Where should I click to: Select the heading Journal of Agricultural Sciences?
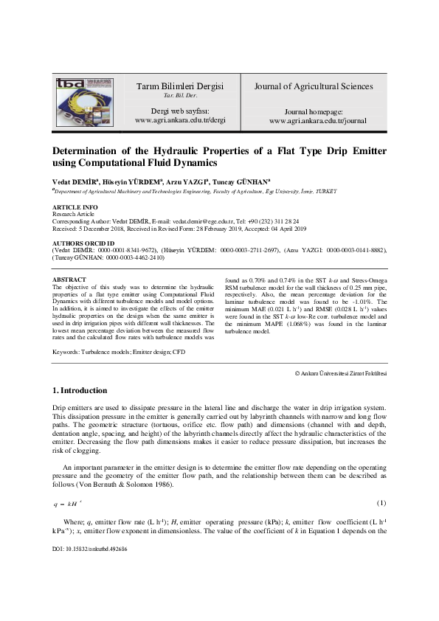[x=314, y=86]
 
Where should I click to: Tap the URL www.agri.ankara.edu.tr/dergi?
[x=180, y=119]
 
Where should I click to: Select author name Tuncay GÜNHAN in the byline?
[x=243, y=180]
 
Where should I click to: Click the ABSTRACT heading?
[x=70, y=280]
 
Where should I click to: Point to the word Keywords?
[x=67, y=352]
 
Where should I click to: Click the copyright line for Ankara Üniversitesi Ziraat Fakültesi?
[x=341, y=375]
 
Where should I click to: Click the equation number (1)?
[x=381, y=482]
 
